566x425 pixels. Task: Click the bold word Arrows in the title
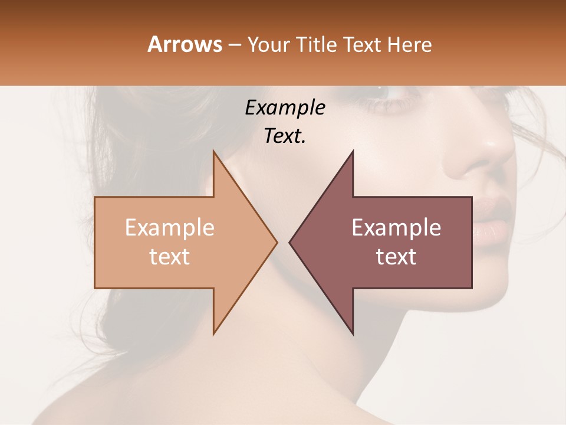coord(185,44)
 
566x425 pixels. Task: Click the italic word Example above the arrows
coord(285,107)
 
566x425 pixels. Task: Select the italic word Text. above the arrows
coord(285,136)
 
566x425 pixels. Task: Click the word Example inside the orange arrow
coord(170,228)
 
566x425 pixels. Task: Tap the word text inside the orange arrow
coord(170,257)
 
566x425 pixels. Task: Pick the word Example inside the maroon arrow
coord(396,228)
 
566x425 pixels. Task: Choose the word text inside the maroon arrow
coord(396,257)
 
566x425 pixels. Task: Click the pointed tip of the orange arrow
coord(276,242)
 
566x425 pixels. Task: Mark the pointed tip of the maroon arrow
coord(290,242)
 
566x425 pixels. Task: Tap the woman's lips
coord(492,218)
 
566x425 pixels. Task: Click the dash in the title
coord(234,45)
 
